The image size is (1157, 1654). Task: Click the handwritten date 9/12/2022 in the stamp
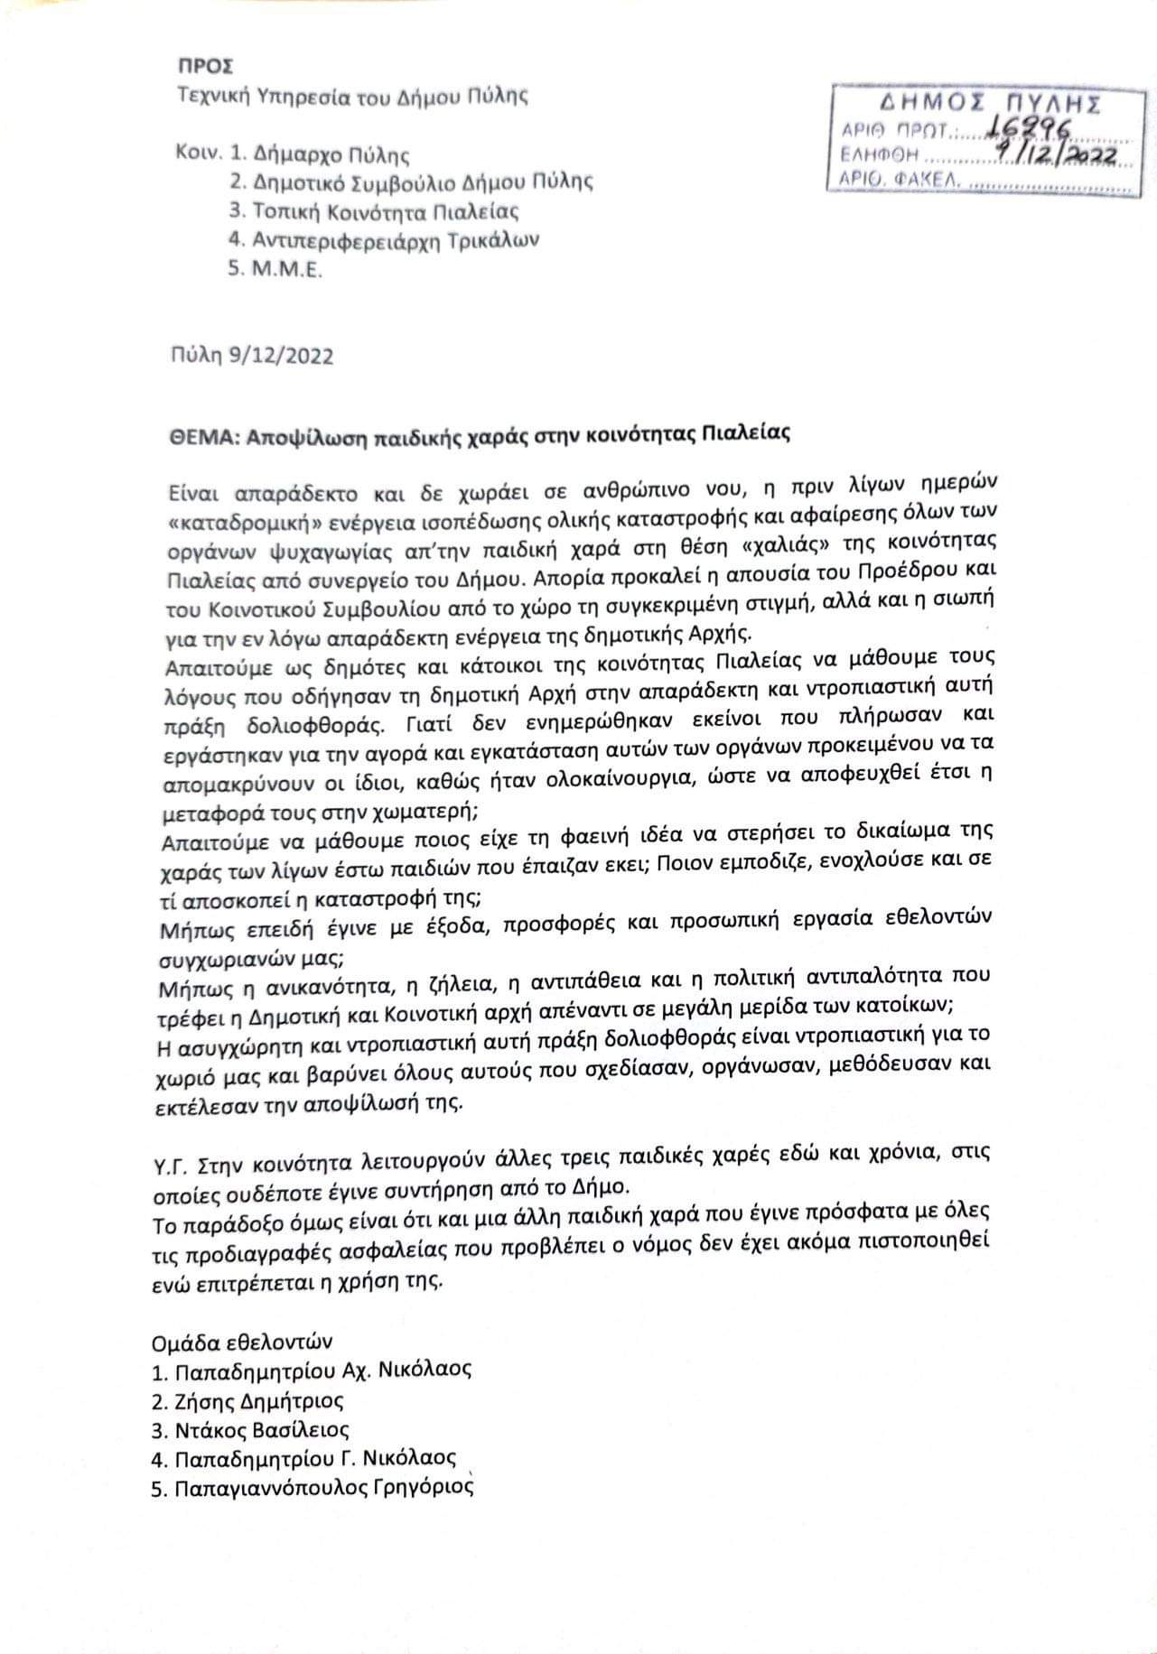click(1053, 155)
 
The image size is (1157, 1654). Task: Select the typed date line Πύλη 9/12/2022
click(250, 356)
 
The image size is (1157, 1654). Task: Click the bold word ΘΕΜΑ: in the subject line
click(195, 433)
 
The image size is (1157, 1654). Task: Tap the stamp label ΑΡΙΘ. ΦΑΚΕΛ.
click(900, 181)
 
